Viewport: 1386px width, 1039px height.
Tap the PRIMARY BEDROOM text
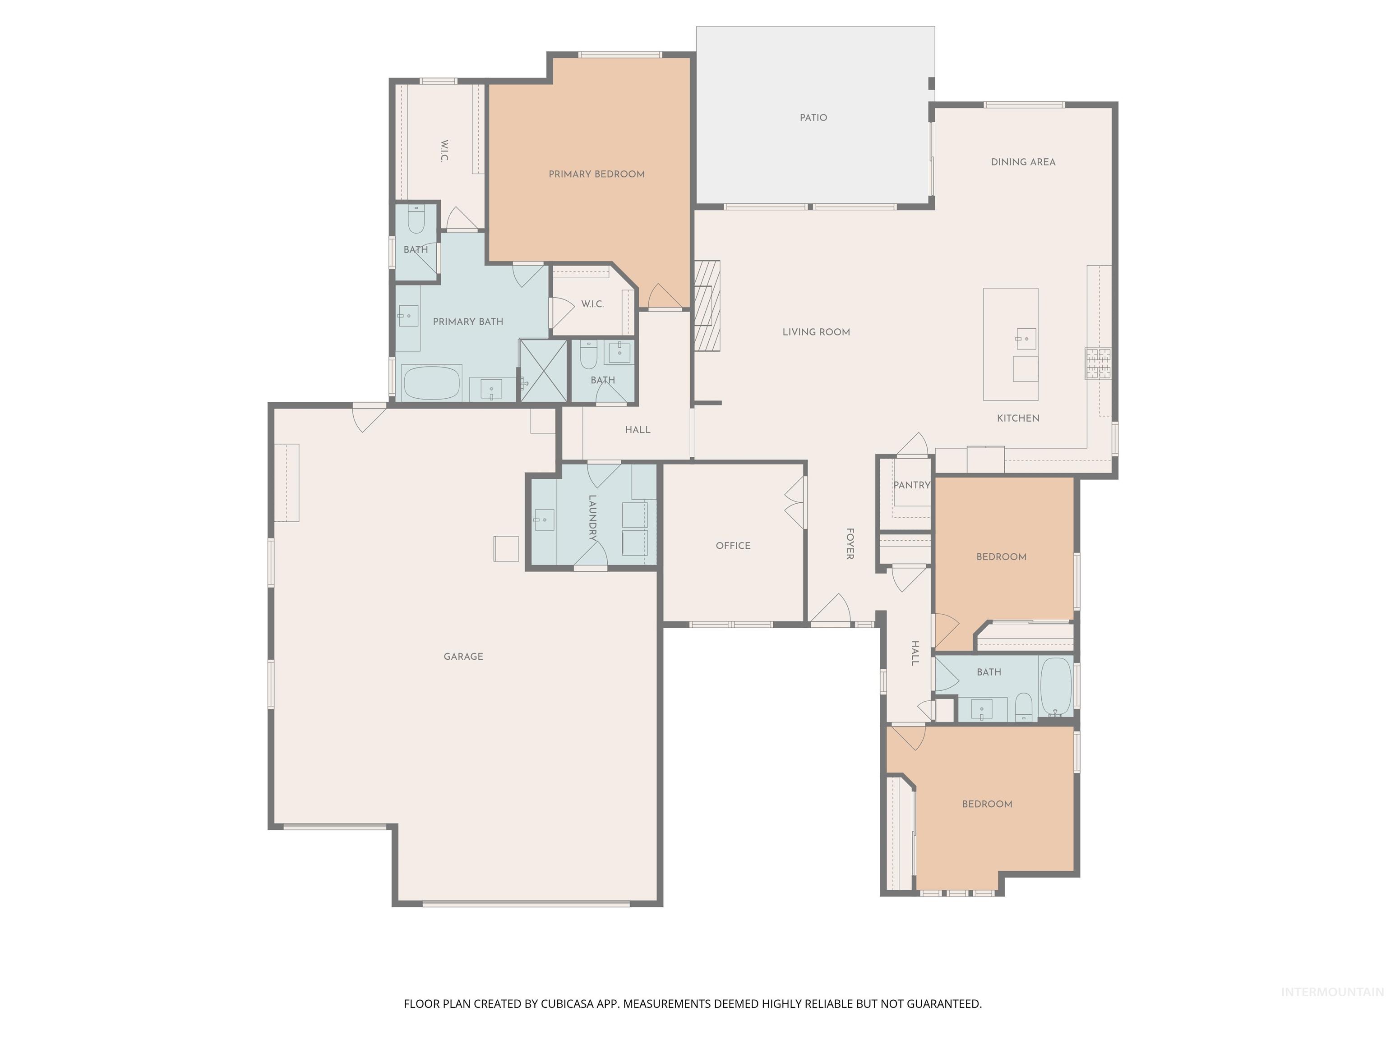click(596, 174)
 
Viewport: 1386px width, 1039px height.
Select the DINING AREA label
click(1023, 162)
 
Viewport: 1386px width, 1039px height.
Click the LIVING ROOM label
click(816, 332)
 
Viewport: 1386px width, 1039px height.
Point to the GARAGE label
click(463, 656)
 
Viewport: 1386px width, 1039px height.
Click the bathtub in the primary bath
click(432, 383)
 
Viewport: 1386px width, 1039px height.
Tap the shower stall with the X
click(544, 370)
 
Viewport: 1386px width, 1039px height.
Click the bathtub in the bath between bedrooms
click(1056, 686)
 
